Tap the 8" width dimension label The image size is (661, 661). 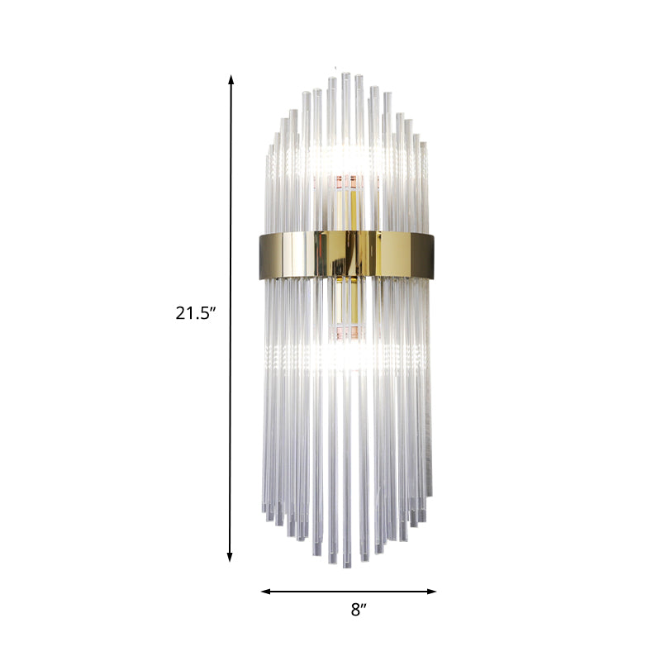[357, 611]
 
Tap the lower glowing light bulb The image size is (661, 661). [345, 355]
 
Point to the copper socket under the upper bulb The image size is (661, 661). [345, 179]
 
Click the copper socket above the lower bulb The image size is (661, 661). [345, 334]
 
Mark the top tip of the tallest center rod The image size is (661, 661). [345, 74]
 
